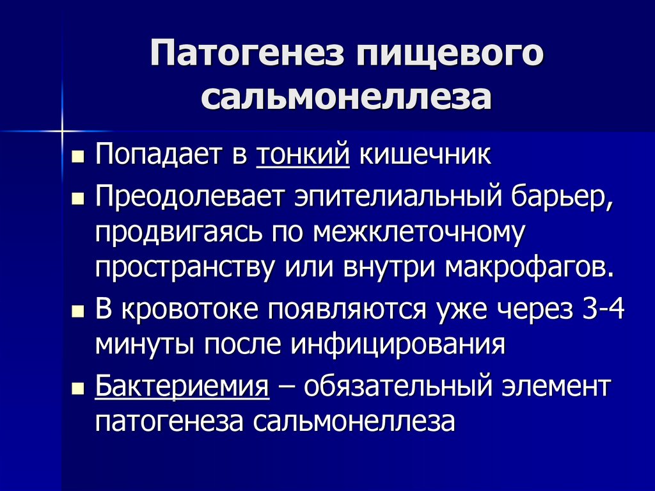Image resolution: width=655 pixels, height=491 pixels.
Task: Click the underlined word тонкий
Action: (303, 156)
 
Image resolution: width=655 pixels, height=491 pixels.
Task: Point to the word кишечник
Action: (425, 156)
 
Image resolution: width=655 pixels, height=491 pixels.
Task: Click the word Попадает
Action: (163, 156)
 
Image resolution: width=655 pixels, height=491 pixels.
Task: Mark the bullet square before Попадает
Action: (77, 157)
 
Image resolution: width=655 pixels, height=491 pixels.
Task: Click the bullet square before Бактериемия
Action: (77, 389)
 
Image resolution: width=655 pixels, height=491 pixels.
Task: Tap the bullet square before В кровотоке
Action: (77, 310)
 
